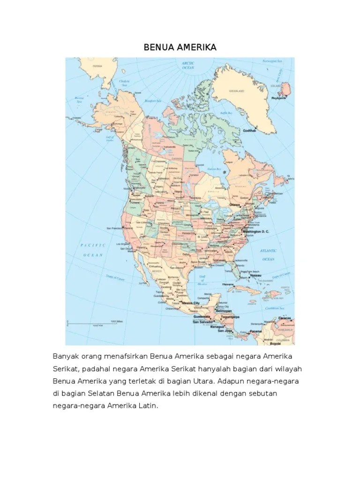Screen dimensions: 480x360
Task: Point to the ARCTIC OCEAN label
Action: point(188,66)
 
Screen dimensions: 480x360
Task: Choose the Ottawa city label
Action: point(235,205)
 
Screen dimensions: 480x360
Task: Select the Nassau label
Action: point(255,276)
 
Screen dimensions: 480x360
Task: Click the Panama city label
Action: point(256,331)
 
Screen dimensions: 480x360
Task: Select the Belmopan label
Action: point(224,311)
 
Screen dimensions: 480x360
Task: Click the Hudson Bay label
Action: point(214,168)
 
